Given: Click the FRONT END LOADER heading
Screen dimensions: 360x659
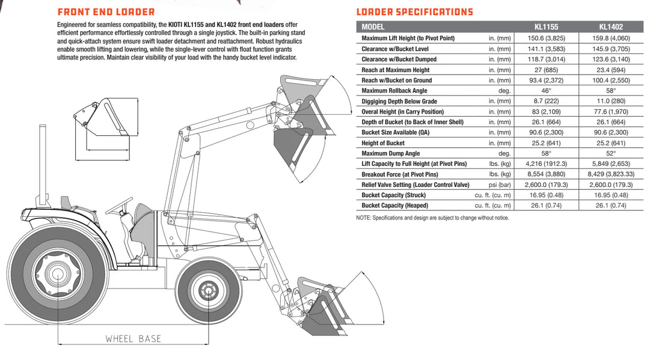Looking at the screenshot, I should [106, 12].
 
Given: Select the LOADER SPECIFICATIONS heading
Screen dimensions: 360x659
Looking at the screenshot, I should [414, 12].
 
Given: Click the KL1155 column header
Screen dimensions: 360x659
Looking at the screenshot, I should [546, 27].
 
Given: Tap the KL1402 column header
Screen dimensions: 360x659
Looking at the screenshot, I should [611, 27].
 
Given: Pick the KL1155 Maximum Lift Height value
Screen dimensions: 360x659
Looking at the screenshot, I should [546, 38].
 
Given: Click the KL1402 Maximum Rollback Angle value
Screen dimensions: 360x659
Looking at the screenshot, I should [611, 91].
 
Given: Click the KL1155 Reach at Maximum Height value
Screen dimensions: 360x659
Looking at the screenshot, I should [546, 70].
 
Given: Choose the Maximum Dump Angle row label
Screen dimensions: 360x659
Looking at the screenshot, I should [391, 154].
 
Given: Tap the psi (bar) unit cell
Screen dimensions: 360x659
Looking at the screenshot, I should [499, 185].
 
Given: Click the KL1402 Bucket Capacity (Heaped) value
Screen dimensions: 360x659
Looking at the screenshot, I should [611, 206].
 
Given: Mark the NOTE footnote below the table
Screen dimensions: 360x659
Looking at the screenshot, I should [432, 218].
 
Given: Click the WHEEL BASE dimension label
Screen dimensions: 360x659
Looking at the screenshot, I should [133, 339].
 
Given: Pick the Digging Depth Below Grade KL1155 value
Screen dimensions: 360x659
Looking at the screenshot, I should [546, 102].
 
